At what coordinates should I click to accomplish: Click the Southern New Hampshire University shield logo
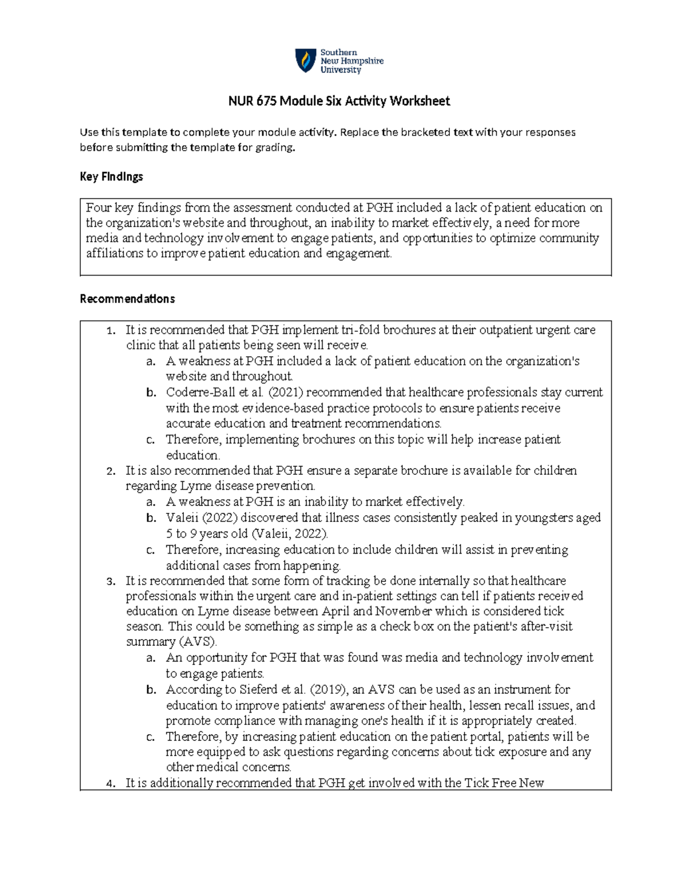[306, 61]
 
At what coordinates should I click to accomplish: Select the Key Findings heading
[111, 177]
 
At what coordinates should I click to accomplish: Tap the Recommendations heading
[127, 299]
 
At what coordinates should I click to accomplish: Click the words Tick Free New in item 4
[504, 783]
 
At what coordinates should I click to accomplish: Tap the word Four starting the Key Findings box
[98, 208]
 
